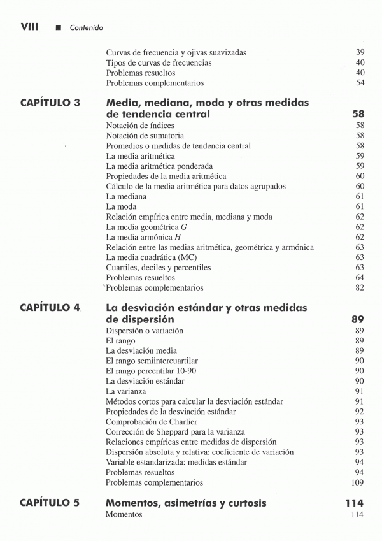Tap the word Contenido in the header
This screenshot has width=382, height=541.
87,27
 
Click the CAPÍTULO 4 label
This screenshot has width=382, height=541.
50,308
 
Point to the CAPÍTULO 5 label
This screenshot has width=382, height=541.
50,503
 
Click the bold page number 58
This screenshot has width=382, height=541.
357,115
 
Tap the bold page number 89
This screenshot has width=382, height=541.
357,319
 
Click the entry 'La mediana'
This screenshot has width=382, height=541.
127,196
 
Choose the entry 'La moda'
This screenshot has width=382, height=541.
121,206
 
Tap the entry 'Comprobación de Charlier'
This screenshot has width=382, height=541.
152,421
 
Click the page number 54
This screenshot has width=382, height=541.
360,83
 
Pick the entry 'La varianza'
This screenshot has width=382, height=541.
126,391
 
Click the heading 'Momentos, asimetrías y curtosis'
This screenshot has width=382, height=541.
186,503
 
